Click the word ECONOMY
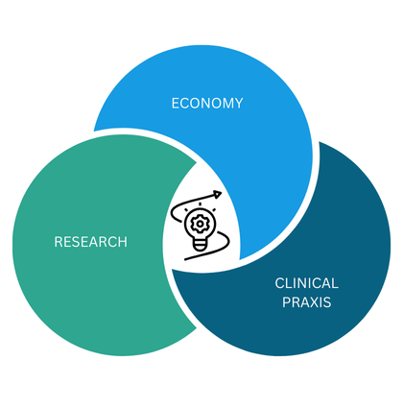click(x=207, y=104)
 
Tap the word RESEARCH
click(x=91, y=242)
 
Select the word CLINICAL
click(x=306, y=283)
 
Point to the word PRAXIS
click(x=306, y=302)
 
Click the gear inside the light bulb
click(x=200, y=224)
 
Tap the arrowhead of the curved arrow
click(x=218, y=195)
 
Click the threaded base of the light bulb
click(x=200, y=246)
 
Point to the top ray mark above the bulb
click(x=200, y=204)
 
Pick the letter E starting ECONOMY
click(x=176, y=104)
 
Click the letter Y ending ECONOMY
click(x=239, y=104)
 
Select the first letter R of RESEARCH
click(x=59, y=242)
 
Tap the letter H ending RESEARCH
click(x=123, y=242)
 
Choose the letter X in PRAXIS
click(x=315, y=302)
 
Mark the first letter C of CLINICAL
click(x=279, y=283)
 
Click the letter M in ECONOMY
click(x=227, y=104)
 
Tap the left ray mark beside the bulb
click(x=186, y=210)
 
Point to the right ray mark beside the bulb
click(x=214, y=210)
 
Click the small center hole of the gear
click(x=200, y=224)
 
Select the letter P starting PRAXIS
click(x=286, y=302)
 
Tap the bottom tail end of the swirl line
click(x=185, y=259)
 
